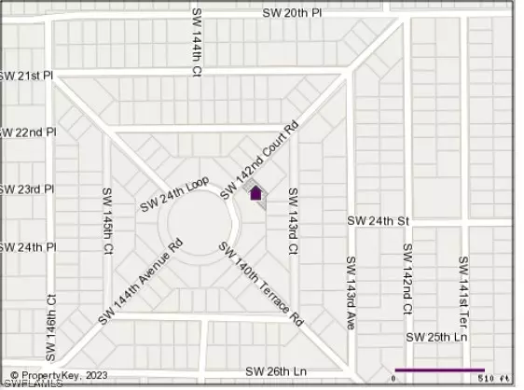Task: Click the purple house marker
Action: point(255,193)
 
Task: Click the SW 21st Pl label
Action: point(25,75)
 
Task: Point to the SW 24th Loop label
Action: point(174,195)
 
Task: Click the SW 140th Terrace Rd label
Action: point(261,283)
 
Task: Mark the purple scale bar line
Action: point(439,369)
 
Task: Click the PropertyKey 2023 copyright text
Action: point(56,375)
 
